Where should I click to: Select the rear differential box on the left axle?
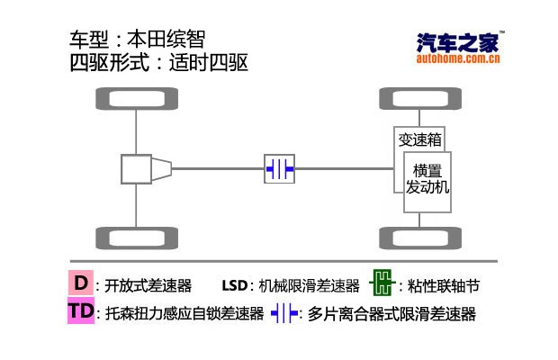[x=136, y=167]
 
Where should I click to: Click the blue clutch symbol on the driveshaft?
[x=279, y=167]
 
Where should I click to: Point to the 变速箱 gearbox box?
[x=419, y=139]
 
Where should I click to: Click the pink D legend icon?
[x=81, y=283]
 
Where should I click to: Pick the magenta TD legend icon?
[x=81, y=312]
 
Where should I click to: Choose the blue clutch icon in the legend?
[x=284, y=314]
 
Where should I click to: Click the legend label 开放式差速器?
[x=148, y=286]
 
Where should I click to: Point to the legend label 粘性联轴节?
[x=443, y=286]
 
